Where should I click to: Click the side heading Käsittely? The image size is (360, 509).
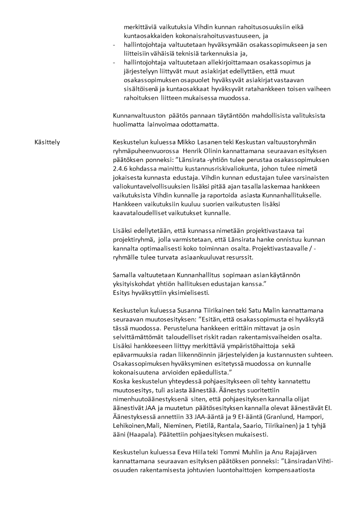47,142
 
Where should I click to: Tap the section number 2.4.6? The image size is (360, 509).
121,169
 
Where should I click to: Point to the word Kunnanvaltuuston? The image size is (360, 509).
136,116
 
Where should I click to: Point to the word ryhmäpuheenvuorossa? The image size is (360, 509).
144,151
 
